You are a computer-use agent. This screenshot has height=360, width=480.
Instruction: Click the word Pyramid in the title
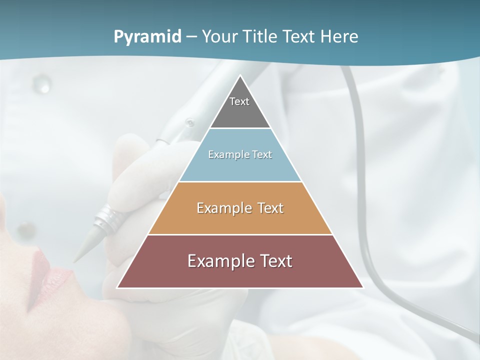pos(147,37)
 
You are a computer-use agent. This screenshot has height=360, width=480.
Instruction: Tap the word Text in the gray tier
pos(239,101)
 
